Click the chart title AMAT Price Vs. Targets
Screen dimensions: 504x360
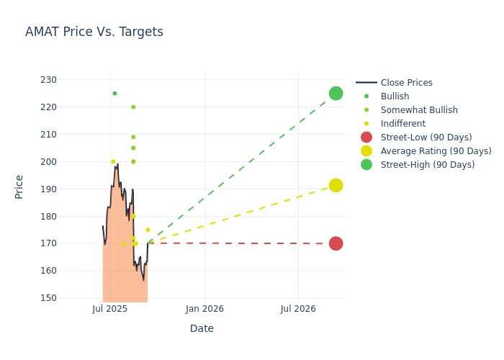pyautogui.click(x=94, y=32)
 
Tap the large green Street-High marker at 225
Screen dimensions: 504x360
pyautogui.click(x=336, y=94)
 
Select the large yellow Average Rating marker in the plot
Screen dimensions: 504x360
pyautogui.click(x=336, y=186)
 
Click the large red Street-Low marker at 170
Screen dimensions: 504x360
pyautogui.click(x=336, y=243)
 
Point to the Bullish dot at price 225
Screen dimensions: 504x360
pyautogui.click(x=114, y=94)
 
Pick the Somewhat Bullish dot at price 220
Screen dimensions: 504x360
pyautogui.click(x=133, y=107)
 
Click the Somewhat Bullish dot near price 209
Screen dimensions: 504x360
pyautogui.click(x=133, y=137)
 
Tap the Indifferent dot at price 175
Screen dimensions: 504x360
pyautogui.click(x=148, y=230)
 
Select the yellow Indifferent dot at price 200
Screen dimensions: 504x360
pyautogui.click(x=113, y=162)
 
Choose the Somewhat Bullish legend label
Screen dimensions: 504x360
pyautogui.click(x=419, y=110)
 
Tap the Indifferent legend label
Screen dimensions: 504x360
pyautogui.click(x=403, y=124)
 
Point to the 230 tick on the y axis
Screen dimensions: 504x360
pyautogui.click(x=48, y=80)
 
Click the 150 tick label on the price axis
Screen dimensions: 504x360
pyautogui.click(x=48, y=297)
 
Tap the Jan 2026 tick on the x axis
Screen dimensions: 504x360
pyautogui.click(x=204, y=309)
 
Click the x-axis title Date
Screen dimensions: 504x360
pyautogui.click(x=202, y=328)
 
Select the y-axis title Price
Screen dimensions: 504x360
pyautogui.click(x=19, y=187)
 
